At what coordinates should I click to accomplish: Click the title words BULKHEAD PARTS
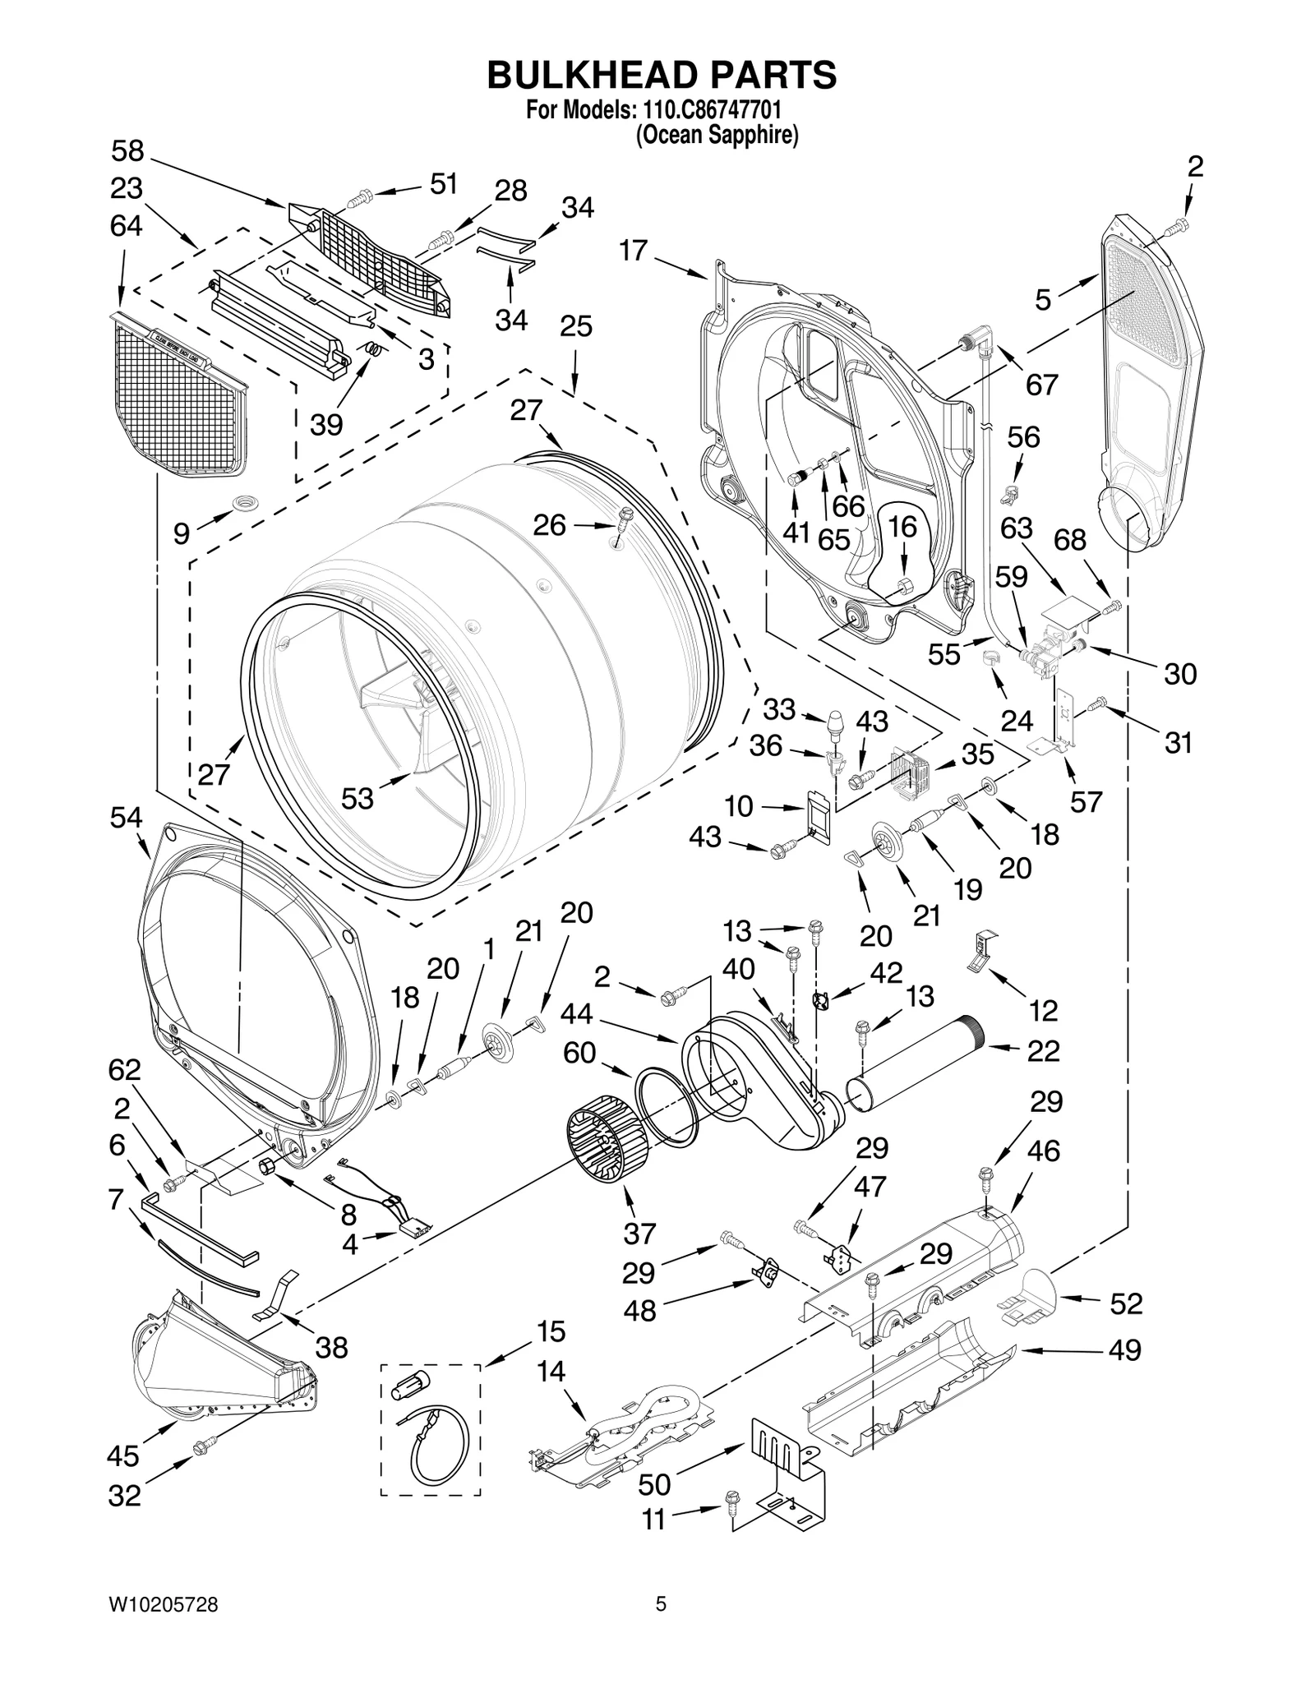click(x=662, y=75)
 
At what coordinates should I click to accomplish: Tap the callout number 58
click(x=127, y=151)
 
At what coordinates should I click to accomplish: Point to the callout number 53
click(x=357, y=797)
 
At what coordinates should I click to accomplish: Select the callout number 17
click(x=633, y=250)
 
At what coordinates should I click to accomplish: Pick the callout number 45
click(x=123, y=1455)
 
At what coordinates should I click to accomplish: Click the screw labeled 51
click(x=361, y=197)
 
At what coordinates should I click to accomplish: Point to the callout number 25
click(x=575, y=326)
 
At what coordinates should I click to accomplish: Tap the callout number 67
click(x=1041, y=384)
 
